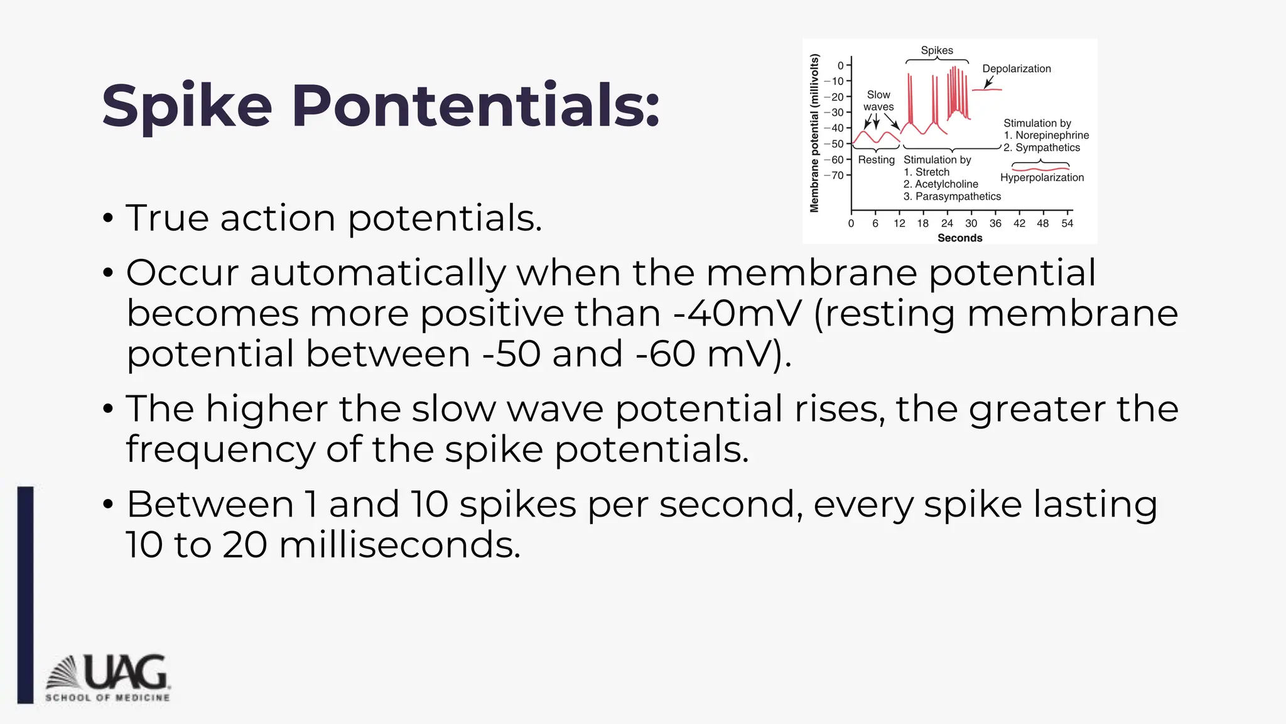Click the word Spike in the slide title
click(186, 106)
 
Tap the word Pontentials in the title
click(475, 106)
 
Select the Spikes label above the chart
click(937, 50)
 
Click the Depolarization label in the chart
click(1016, 69)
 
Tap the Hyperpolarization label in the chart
click(1042, 178)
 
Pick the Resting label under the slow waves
click(876, 160)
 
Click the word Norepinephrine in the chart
click(1052, 135)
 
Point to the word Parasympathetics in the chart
click(958, 196)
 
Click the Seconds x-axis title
click(959, 238)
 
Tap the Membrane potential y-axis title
click(814, 133)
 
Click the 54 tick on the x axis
click(1067, 223)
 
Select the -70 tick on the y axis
click(835, 175)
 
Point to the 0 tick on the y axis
click(841, 65)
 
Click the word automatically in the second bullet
click(377, 273)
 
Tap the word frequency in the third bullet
click(220, 449)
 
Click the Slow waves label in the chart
click(878, 101)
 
